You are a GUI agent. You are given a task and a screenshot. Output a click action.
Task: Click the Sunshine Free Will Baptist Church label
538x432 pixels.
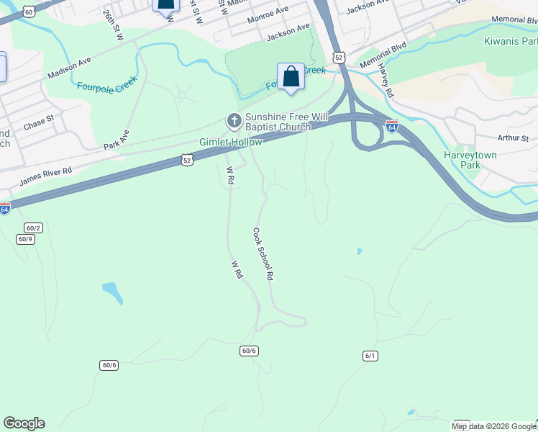coord(278,122)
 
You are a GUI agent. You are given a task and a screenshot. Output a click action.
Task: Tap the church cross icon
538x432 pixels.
coord(234,120)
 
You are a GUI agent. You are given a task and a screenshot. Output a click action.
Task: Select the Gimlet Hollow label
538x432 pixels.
coord(231,143)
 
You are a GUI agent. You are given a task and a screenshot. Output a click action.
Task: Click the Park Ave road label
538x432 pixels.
coord(116,139)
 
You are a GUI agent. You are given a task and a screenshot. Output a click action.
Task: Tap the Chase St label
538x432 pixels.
coord(39,122)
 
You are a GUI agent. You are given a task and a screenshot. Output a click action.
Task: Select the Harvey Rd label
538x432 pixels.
coord(387,84)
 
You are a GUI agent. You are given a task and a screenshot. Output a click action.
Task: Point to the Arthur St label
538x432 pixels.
coord(513,138)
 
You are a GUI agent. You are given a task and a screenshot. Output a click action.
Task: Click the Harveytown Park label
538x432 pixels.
coord(471,160)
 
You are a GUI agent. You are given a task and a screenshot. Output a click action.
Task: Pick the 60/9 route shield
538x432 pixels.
coord(25,239)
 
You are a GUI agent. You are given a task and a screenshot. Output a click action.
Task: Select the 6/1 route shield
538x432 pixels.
coord(370,356)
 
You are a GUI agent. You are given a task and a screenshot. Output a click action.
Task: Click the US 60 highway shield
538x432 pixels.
coord(28,12)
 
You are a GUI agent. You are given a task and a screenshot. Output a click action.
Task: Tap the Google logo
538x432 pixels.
coord(24,423)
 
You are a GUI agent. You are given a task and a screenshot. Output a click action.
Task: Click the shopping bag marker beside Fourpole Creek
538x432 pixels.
coord(291,77)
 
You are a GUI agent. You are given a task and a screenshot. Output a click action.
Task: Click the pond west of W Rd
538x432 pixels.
coord(112,292)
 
